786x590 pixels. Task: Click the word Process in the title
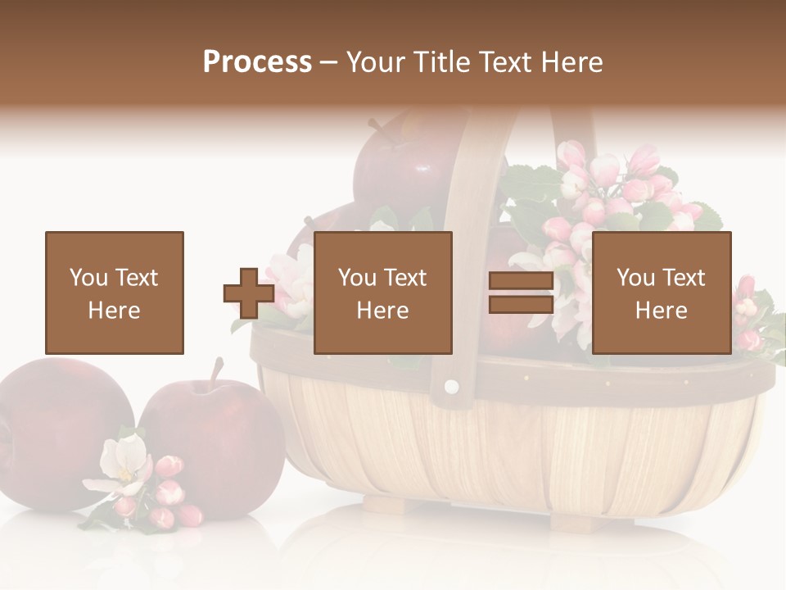(x=257, y=62)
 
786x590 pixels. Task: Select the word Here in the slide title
(x=570, y=62)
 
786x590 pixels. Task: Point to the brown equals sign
(x=521, y=293)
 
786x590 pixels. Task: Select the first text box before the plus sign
(x=115, y=293)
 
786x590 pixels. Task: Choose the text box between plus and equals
(x=382, y=293)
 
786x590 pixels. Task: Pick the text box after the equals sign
(x=661, y=293)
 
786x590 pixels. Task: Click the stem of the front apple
(x=216, y=372)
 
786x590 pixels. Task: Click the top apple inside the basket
(x=401, y=164)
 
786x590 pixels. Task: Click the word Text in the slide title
(x=503, y=62)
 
